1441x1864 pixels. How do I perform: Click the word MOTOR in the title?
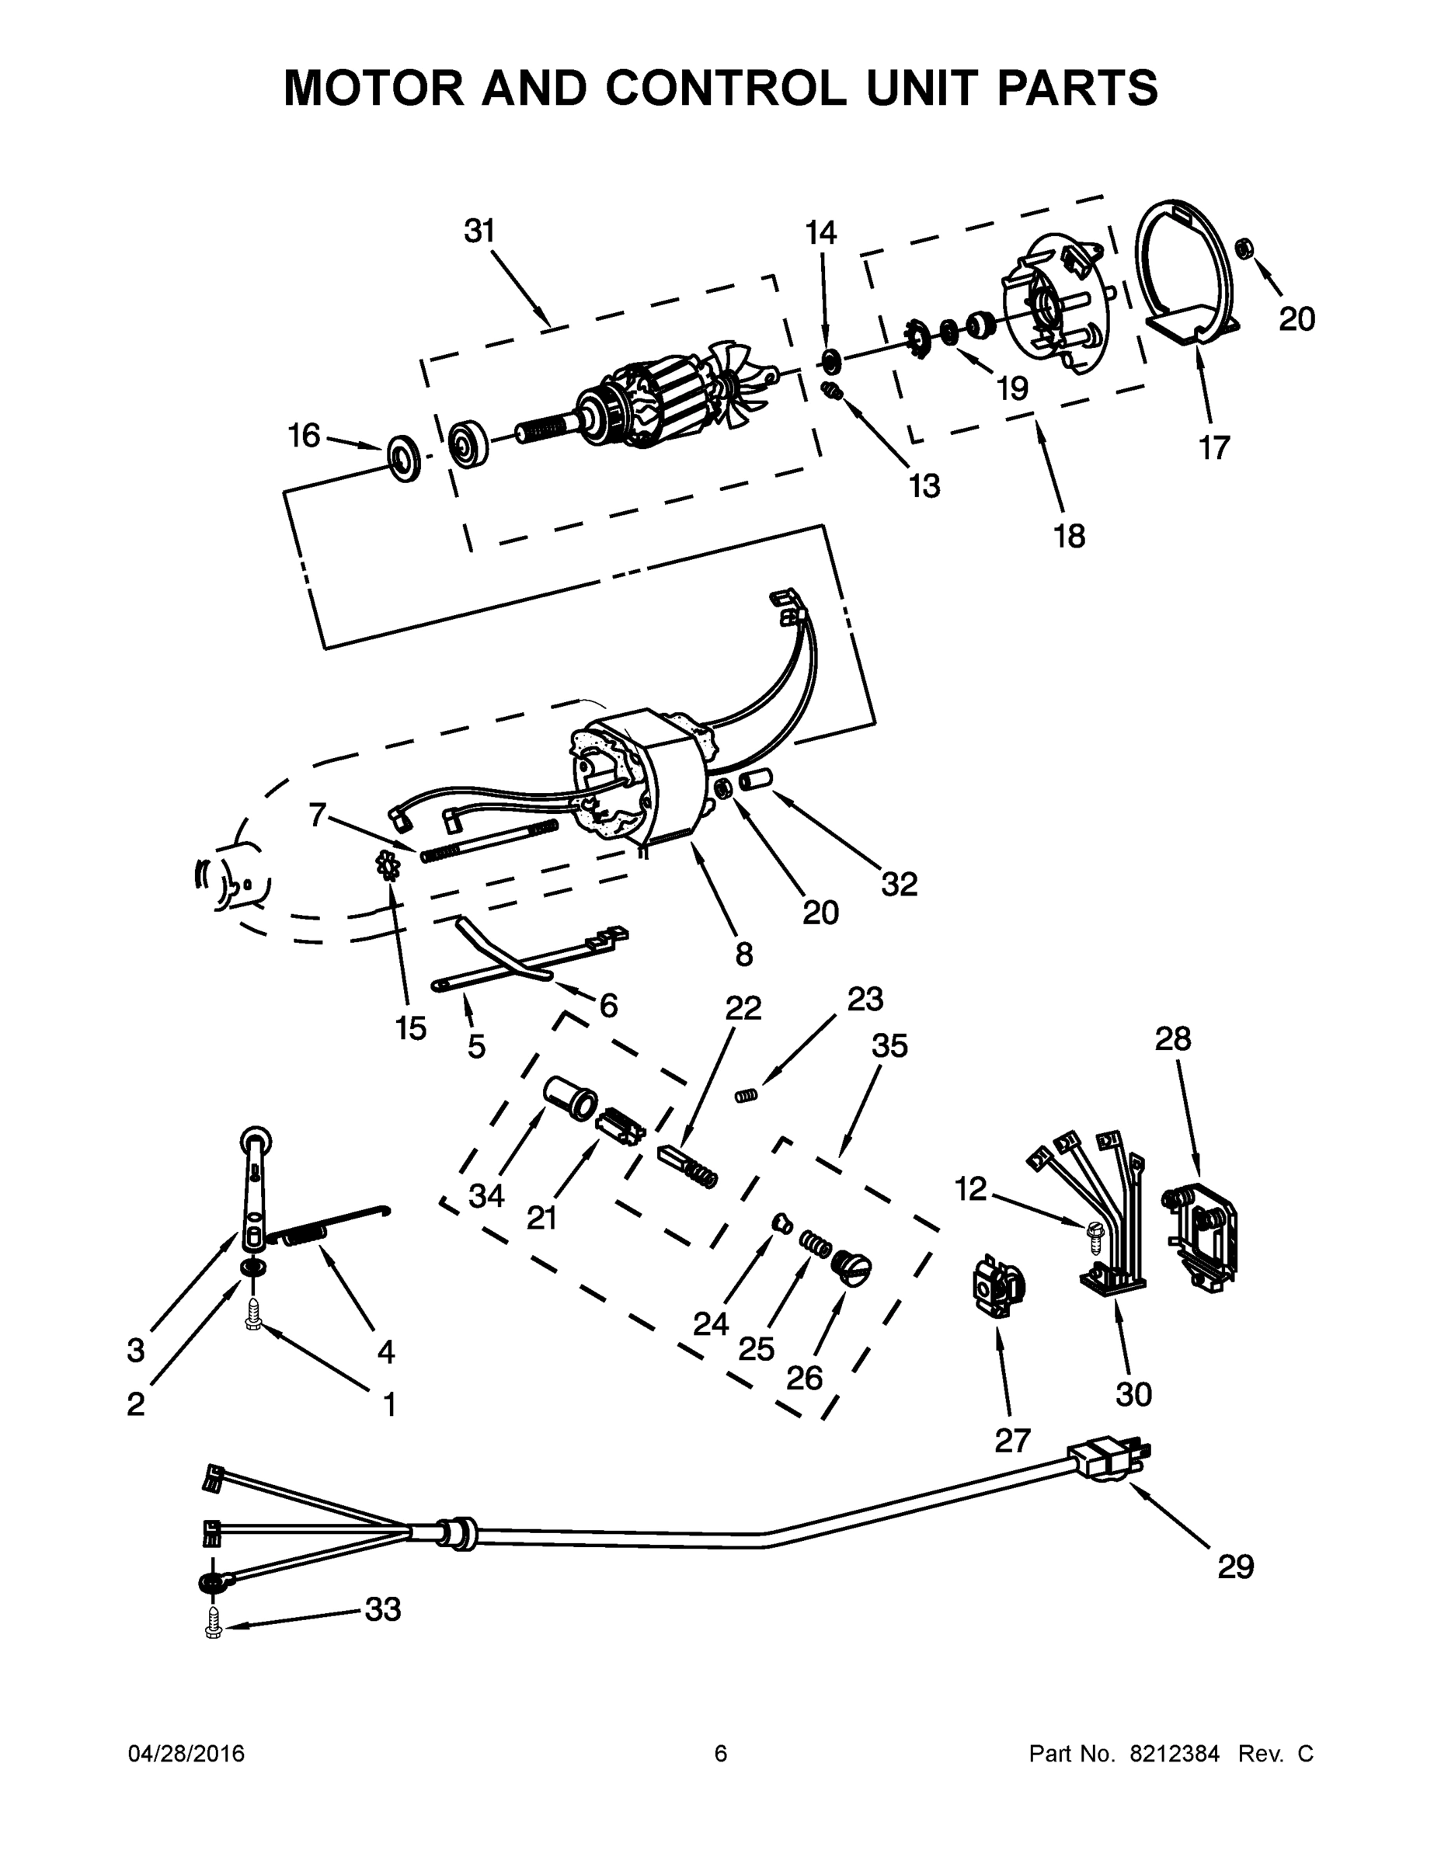(374, 87)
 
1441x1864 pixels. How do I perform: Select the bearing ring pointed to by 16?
(404, 457)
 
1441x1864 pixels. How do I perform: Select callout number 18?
(1069, 535)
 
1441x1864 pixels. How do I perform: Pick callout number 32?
(899, 884)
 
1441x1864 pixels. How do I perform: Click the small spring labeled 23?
(747, 1095)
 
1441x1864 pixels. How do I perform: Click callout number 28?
(1173, 1038)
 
